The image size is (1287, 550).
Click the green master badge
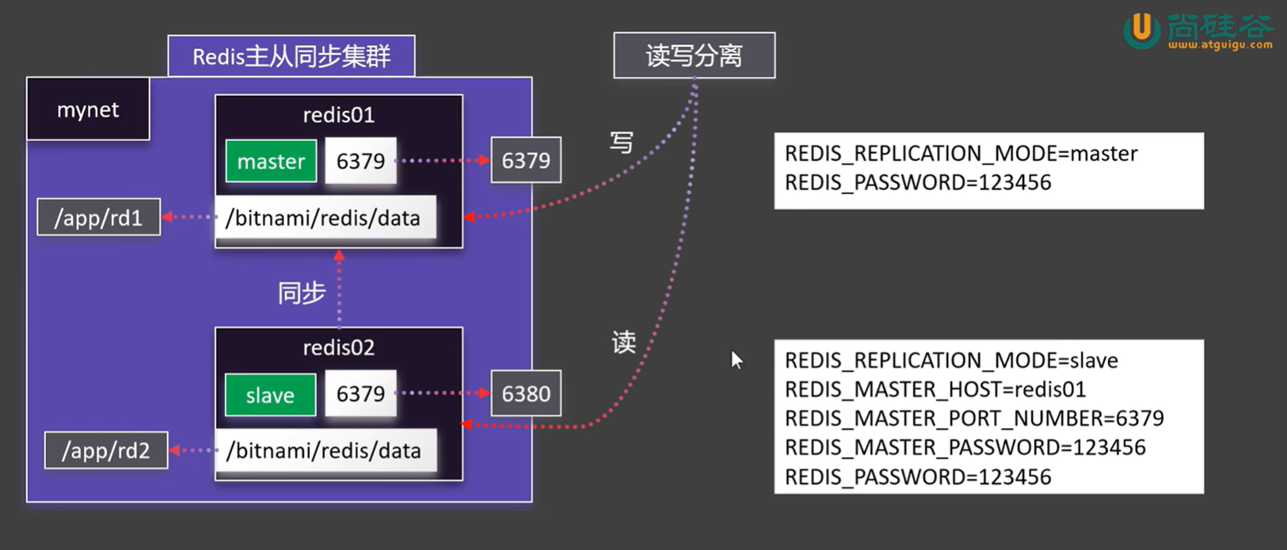tap(271, 161)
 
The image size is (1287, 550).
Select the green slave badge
tap(270, 395)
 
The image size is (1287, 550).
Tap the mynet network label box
tap(88, 109)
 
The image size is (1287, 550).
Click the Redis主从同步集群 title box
tap(291, 56)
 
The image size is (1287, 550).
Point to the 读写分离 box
tap(694, 55)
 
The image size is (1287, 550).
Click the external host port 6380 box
tap(526, 394)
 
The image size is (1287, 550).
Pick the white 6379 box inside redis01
tap(361, 161)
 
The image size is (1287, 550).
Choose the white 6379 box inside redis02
tap(361, 394)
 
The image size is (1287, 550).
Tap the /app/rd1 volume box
tap(98, 217)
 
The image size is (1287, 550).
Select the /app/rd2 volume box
tap(106, 451)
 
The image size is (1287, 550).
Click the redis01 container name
tap(338, 115)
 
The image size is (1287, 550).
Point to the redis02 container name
tap(338, 348)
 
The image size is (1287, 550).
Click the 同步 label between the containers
tap(302, 292)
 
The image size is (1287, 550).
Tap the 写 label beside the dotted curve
tap(622, 142)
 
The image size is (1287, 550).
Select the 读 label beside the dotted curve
tap(624, 342)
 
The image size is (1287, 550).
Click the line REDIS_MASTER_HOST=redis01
tap(935, 390)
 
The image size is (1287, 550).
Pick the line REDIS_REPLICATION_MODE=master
tap(961, 154)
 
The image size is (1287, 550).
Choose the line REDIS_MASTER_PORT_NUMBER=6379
tap(974, 418)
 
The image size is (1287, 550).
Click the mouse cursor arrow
tap(737, 360)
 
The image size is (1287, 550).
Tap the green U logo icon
tap(1141, 30)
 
